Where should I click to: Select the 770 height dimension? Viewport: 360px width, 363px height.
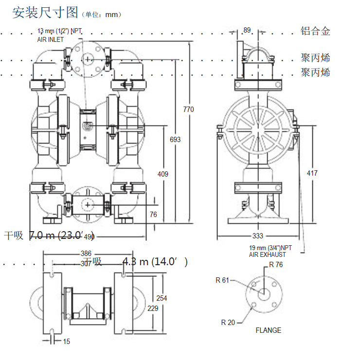click(x=188, y=109)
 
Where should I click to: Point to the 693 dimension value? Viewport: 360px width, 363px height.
click(x=175, y=140)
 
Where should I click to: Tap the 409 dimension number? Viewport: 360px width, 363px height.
click(x=163, y=173)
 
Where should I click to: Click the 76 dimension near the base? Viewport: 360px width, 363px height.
click(x=153, y=215)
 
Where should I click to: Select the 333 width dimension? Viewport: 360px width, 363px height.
click(x=257, y=236)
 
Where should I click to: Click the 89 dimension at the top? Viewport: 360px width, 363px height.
click(x=247, y=31)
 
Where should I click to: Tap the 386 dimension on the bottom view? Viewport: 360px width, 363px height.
click(x=86, y=254)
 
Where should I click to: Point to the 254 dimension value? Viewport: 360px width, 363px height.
click(x=162, y=298)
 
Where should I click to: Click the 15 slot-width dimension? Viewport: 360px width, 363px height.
click(x=67, y=342)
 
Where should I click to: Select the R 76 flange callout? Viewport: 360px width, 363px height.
click(x=276, y=265)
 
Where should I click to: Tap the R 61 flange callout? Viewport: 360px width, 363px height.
click(x=222, y=280)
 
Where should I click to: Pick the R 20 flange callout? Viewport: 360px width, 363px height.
click(x=227, y=322)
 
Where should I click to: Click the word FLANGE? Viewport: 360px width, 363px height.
click(x=268, y=330)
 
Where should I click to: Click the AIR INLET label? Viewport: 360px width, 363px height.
click(x=51, y=39)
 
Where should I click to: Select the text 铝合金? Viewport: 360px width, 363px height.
click(x=315, y=32)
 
